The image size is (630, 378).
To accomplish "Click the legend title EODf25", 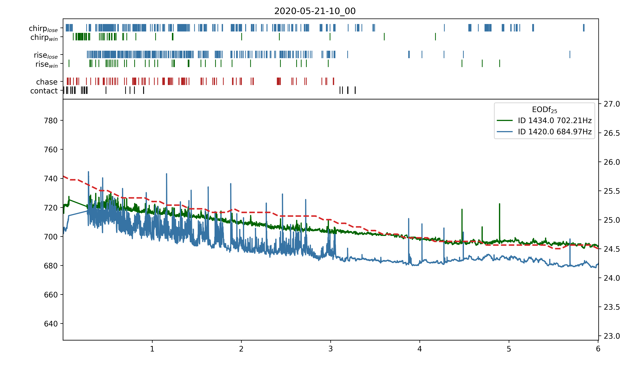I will coord(544,110).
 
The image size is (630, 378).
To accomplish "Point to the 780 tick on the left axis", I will coord(51,120).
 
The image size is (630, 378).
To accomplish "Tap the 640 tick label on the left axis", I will coord(51,324).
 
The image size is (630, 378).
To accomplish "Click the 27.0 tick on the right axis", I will coord(612,104).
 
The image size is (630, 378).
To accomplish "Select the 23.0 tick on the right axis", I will coord(612,336).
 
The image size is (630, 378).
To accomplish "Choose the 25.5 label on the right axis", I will coord(612,191).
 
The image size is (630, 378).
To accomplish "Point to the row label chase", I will coord(47,82).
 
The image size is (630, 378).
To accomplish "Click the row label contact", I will coord(44,91).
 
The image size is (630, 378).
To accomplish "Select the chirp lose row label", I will coord(43,28).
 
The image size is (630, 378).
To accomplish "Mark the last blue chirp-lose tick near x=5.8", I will coord(584,28).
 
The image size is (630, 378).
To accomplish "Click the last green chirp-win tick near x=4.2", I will coord(435,37).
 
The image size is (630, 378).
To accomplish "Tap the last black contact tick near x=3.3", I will coord(355,90).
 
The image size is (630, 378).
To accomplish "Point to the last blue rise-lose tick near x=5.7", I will coord(570,54).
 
